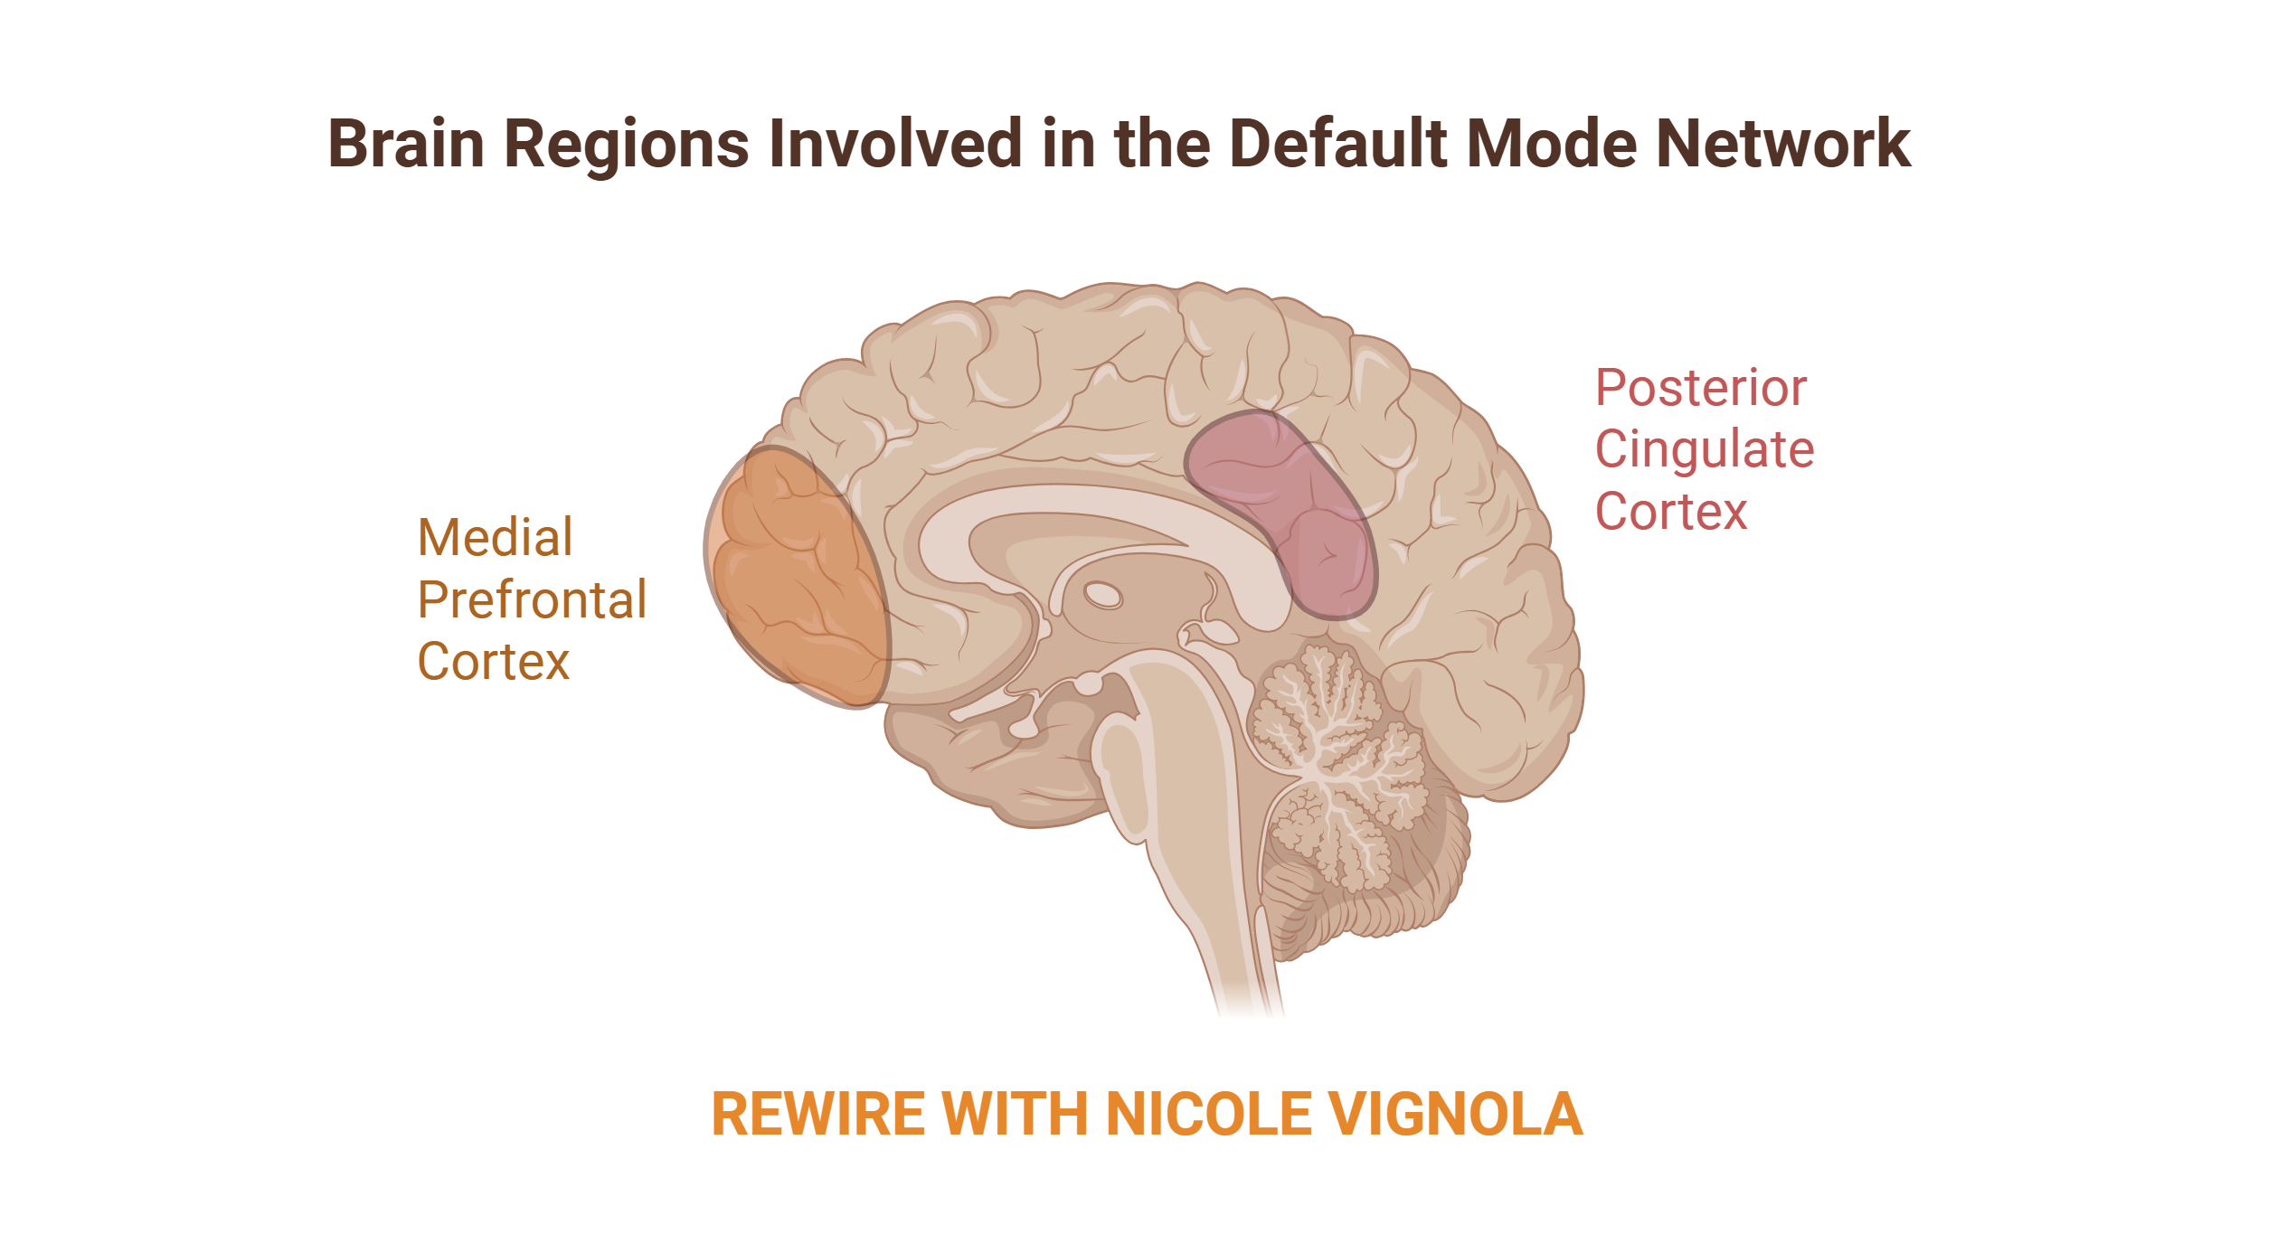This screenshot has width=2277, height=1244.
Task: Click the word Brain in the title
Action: pyautogui.click(x=406, y=145)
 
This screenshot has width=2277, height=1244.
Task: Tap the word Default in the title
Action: pyautogui.click(x=1337, y=145)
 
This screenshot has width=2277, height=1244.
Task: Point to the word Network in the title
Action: pyautogui.click(x=1782, y=145)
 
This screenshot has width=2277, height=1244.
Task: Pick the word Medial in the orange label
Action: pyautogui.click(x=495, y=538)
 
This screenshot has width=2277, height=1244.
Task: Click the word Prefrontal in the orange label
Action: pyautogui.click(x=532, y=600)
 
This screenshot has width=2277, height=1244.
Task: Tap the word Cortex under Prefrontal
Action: pyautogui.click(x=494, y=662)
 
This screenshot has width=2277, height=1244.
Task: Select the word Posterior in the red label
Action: pyautogui.click(x=1701, y=389)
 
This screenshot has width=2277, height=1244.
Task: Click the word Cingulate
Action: pyautogui.click(x=1705, y=450)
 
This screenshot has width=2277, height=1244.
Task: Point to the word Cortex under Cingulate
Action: pyautogui.click(x=1671, y=512)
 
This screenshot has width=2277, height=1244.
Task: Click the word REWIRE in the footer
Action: pyautogui.click(x=818, y=1114)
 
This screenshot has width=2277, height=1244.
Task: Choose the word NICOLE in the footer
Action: pyautogui.click(x=1207, y=1114)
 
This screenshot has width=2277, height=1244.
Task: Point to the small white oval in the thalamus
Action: pyautogui.click(x=1102, y=595)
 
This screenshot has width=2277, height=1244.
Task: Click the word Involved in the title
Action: pyautogui.click(x=895, y=145)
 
